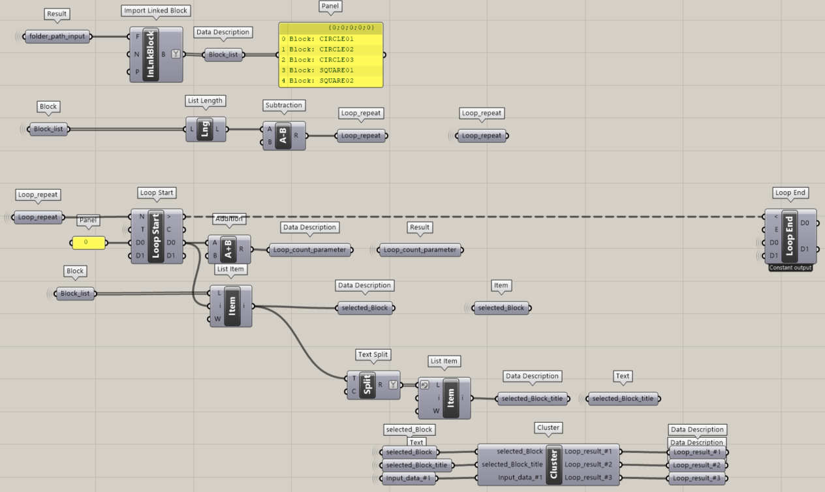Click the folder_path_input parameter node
pos(57,37)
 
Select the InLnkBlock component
pos(156,55)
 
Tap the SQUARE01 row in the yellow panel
pos(331,70)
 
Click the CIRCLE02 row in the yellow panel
pos(331,50)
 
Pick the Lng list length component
pos(206,129)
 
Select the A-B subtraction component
pos(284,136)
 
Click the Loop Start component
pos(157,236)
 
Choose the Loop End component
pos(790,236)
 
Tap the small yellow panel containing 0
pos(89,243)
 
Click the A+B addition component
pos(229,249)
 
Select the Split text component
pos(373,385)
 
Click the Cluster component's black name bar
pos(554,465)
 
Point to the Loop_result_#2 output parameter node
pos(697,465)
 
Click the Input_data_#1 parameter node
pos(408,478)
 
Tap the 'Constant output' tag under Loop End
pos(790,268)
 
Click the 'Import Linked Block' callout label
pos(155,10)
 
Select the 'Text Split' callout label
pos(373,354)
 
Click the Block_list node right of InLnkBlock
pos(223,55)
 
